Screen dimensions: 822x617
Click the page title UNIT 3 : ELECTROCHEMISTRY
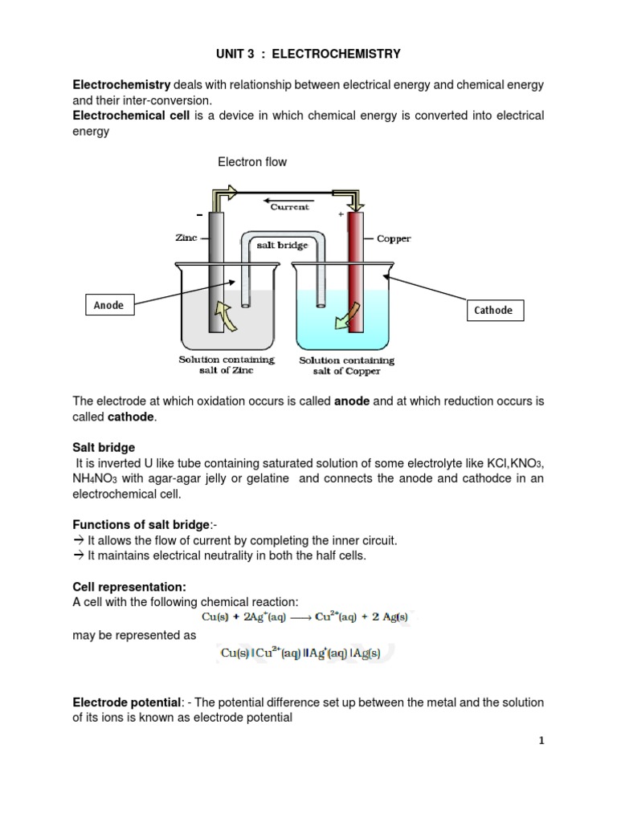[x=308, y=54]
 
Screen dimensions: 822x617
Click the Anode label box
[x=108, y=305]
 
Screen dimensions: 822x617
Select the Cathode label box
[x=492, y=310]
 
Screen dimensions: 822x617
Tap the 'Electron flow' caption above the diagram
[x=252, y=162]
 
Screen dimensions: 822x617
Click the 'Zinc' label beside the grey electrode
[x=186, y=238]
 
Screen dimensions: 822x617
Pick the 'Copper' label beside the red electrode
[x=394, y=239]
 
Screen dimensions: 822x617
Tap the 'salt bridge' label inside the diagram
[x=282, y=245]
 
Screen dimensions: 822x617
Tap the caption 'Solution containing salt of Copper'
[x=341, y=365]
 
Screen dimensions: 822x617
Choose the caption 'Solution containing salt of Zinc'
[x=226, y=364]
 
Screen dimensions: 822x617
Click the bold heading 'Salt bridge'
[x=104, y=447]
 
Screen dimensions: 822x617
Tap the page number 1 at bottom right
[x=541, y=741]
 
